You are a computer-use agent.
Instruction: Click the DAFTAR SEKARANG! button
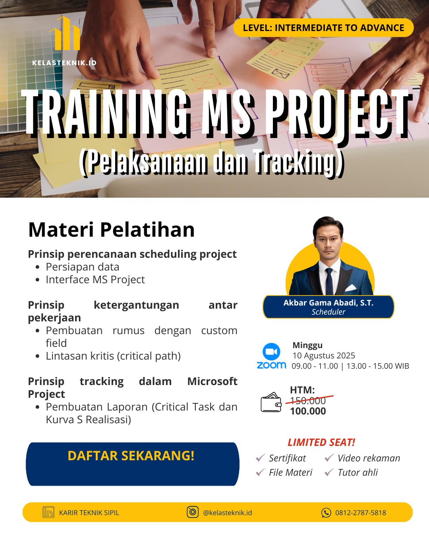pos(132,463)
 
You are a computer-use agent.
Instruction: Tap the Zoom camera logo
pos(271,352)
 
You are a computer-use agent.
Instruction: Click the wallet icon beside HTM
pos(271,402)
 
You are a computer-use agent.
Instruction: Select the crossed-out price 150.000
pos(308,400)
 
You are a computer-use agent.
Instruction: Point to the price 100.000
pos(308,411)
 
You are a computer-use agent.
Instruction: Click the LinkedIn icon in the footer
pos(48,512)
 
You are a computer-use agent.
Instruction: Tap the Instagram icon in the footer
pos(193,512)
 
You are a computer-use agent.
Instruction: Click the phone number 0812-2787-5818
pos(360,513)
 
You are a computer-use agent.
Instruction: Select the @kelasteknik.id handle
pos(227,513)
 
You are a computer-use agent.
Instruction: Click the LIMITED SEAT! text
pos(321,442)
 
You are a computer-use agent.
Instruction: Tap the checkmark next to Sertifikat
pos(261,458)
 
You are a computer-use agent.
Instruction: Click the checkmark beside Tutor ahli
pos(329,473)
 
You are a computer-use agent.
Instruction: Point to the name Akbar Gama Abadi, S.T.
pos(328,303)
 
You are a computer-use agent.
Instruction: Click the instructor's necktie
pos(329,280)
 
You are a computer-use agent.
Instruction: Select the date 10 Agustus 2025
pos(323,356)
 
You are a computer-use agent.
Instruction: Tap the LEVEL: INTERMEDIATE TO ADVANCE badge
pos(323,28)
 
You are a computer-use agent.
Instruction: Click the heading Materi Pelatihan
pos(112,230)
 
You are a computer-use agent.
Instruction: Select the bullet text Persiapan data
pos(82,267)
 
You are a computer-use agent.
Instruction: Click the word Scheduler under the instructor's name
pos(328,312)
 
